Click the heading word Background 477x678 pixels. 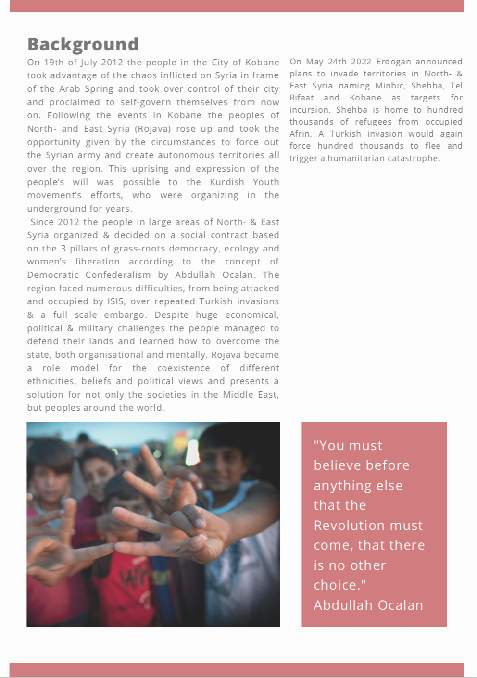pyautogui.click(x=83, y=44)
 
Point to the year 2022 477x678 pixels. pyautogui.click(x=361, y=62)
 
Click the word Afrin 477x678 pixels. pyautogui.click(x=300, y=134)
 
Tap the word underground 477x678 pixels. pyautogui.click(x=54, y=209)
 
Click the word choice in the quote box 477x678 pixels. pyautogui.click(x=337, y=585)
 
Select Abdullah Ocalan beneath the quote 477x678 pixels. pyautogui.click(x=368, y=605)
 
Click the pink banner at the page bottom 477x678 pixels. pyautogui.click(x=237, y=669)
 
